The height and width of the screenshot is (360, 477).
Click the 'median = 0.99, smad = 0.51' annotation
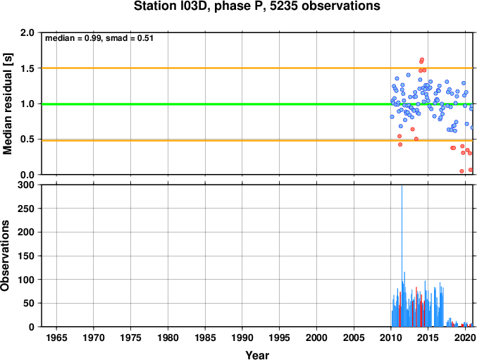coord(99,38)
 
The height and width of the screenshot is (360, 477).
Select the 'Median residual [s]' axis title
coord(7,104)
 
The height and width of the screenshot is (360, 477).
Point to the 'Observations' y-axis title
coord(5,256)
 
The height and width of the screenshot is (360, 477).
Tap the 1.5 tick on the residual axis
coord(27,68)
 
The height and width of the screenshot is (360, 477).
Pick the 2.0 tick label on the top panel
coord(27,32)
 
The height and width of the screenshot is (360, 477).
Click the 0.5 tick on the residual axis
coord(27,139)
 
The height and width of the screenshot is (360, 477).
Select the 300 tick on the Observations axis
coord(26,185)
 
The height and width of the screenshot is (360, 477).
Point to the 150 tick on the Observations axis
coord(26,256)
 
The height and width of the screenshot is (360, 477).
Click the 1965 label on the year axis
coord(56,337)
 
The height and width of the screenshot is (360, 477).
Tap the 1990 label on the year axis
coord(242,337)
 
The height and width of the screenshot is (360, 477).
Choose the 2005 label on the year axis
coord(354,337)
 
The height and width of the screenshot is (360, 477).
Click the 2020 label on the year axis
coord(465,337)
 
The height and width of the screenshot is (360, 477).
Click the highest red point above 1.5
coord(422,60)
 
